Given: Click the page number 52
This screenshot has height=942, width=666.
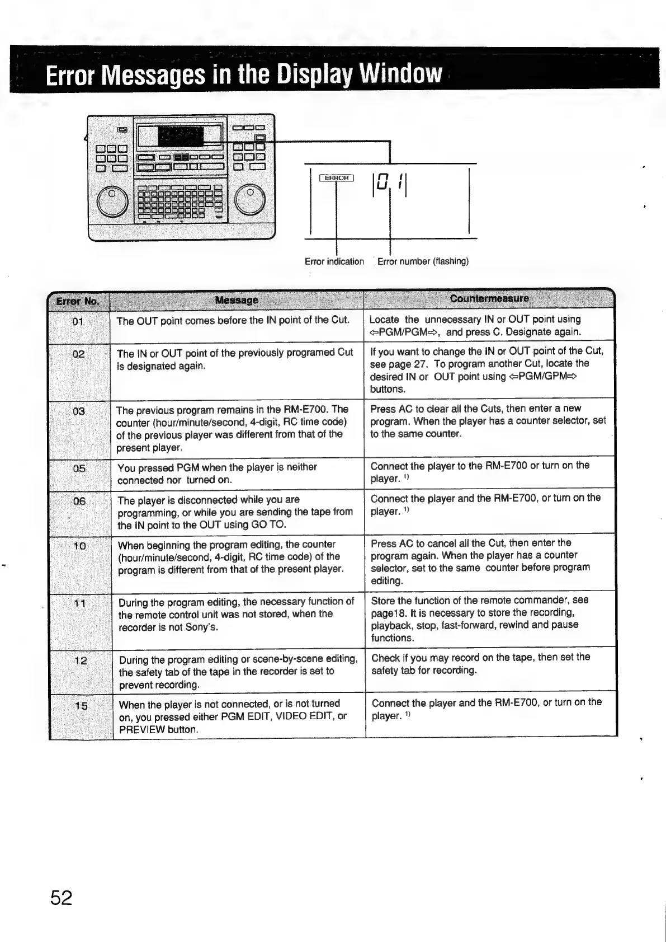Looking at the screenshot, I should tap(62, 897).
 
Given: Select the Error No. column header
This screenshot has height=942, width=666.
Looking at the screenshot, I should tap(78, 302).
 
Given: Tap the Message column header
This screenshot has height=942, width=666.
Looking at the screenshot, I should tap(237, 300).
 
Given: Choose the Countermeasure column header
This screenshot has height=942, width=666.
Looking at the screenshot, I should tap(489, 298).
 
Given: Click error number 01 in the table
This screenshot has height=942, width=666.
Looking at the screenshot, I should tap(78, 321).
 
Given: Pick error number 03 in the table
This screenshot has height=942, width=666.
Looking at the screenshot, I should tap(79, 411).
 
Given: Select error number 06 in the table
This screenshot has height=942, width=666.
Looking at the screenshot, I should tap(79, 502).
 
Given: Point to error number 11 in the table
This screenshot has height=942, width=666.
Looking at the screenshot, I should tap(80, 603).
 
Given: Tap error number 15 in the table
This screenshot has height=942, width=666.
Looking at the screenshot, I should tap(81, 706).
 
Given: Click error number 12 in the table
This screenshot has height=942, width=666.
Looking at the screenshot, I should tap(81, 660).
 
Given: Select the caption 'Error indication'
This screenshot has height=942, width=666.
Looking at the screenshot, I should tap(334, 261).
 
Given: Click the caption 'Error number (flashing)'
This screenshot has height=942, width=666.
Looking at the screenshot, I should tap(423, 261).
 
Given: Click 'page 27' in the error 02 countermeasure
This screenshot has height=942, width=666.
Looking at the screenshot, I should tap(409, 364).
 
